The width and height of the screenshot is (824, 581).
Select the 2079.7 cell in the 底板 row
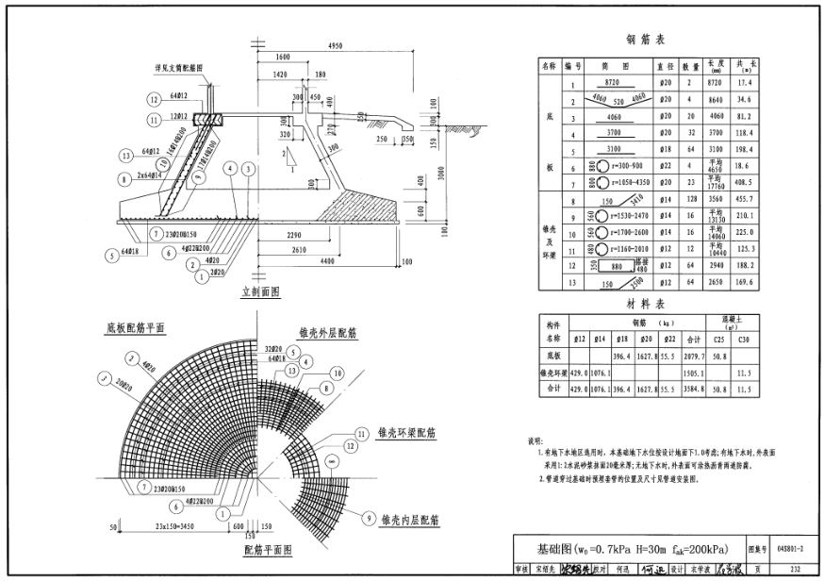pos(691,356)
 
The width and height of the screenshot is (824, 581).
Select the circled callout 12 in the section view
pos(153,99)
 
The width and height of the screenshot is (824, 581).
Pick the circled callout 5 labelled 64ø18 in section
pos(129,253)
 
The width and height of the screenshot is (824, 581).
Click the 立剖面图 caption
pos(261,293)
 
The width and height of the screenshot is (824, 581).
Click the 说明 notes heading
pos(536,440)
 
